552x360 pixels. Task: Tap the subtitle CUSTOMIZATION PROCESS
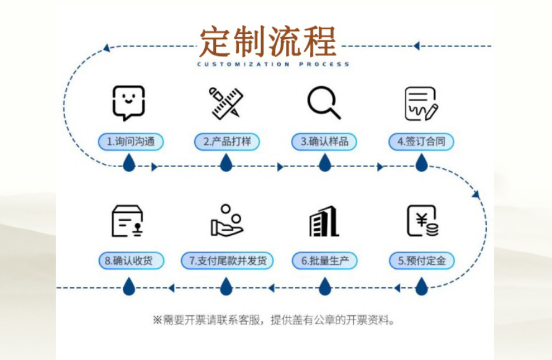tap(274, 64)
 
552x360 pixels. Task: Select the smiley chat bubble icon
tap(128, 102)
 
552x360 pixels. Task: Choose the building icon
tap(324, 221)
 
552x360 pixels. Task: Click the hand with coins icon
tap(226, 221)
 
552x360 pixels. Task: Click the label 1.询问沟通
tap(130, 142)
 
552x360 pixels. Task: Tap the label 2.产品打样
tap(227, 142)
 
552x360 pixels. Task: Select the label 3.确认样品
tap(324, 142)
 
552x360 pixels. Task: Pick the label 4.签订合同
tap(422, 142)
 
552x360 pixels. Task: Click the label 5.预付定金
tap(422, 261)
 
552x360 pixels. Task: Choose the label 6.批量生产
tap(324, 261)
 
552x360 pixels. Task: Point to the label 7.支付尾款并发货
tap(227, 261)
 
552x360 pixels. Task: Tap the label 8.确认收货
tap(130, 261)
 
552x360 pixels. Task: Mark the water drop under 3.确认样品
tap(324, 163)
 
